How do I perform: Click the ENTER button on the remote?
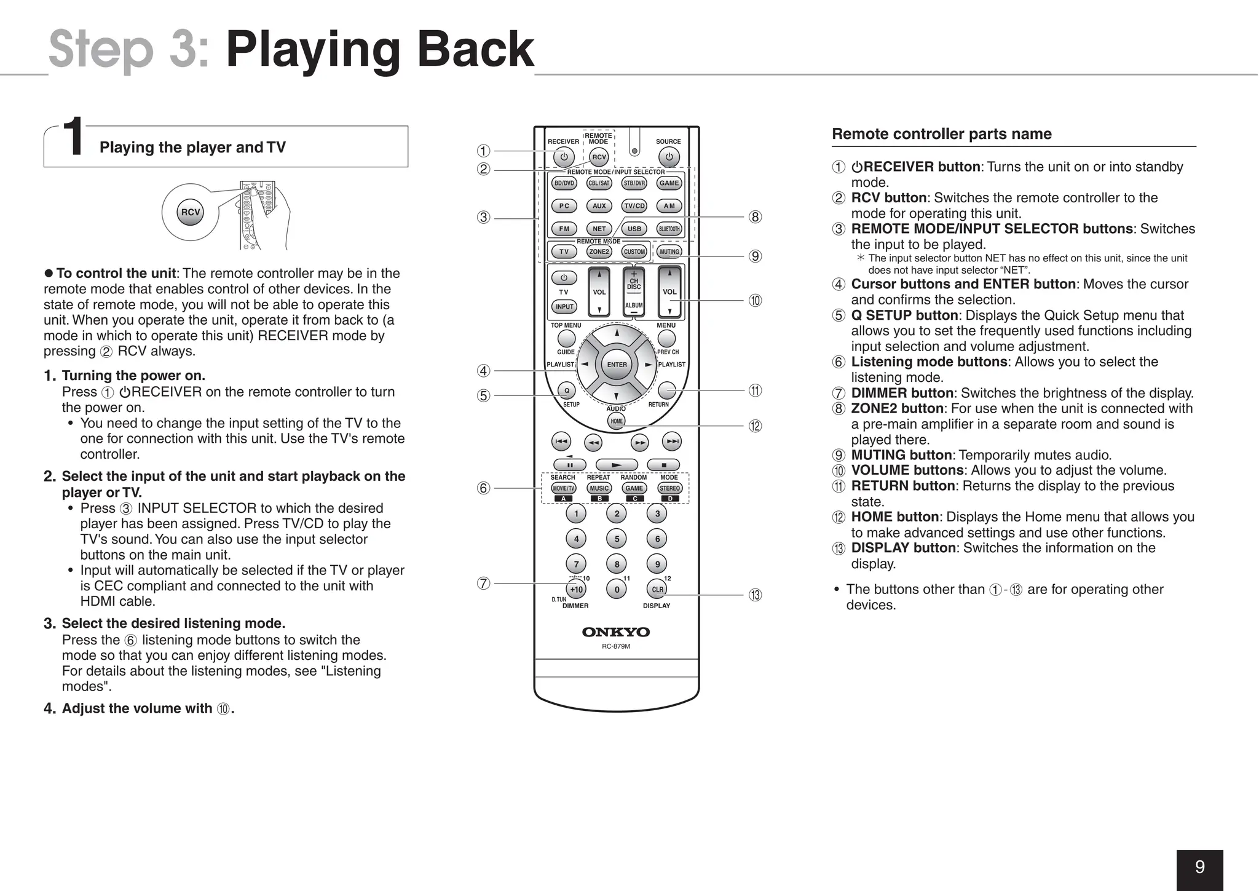point(617,365)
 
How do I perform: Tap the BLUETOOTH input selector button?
point(669,229)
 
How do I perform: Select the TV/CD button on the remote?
point(634,206)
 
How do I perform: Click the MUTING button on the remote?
point(669,251)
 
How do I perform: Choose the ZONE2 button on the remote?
point(599,251)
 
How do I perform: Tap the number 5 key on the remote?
point(617,539)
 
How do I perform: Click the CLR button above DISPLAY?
point(657,589)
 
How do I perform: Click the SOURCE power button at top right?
point(669,157)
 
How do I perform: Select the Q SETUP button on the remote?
point(566,390)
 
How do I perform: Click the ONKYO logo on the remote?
point(616,632)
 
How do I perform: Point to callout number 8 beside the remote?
point(755,217)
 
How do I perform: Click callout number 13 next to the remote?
point(755,595)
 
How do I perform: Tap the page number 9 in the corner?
point(1199,868)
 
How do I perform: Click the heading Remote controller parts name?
point(941,134)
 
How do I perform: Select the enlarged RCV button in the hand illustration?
point(191,212)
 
